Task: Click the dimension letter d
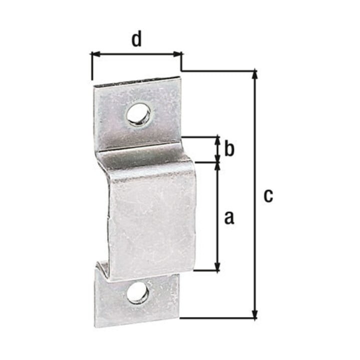tap(136, 39)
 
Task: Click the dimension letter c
tap(268, 196)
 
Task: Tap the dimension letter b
tap(229, 149)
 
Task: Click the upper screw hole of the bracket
tap(139, 114)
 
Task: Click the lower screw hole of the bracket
tap(137, 293)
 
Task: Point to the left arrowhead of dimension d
tap(95, 54)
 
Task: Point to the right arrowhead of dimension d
tap(177, 54)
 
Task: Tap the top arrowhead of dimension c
tap(254, 74)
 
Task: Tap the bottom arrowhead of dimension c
tap(254, 313)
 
